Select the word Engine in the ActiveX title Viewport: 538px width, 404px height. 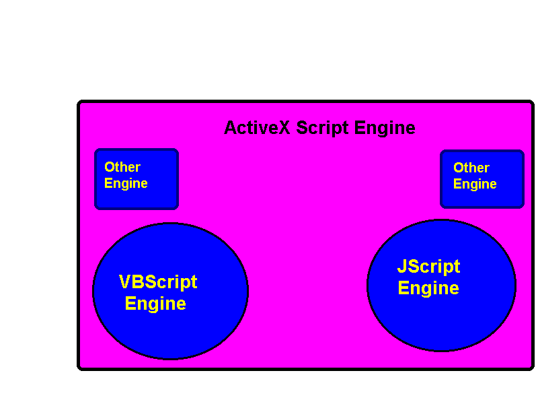385,128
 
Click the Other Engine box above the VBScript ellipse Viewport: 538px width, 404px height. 137,179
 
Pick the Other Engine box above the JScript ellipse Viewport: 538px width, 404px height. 482,179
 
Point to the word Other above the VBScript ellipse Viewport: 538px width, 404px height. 122,167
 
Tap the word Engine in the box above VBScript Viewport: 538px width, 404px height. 126,183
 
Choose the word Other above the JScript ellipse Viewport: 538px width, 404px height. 471,168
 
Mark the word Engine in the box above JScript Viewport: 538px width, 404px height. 475,184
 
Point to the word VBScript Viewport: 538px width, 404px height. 158,281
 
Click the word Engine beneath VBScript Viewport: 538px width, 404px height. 155,304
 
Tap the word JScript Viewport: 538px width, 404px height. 428,267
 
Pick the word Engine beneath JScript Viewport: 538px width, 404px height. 428,288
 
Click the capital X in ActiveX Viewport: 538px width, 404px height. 284,128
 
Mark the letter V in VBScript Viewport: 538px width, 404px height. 124,281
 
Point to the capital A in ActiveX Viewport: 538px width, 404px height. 230,128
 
